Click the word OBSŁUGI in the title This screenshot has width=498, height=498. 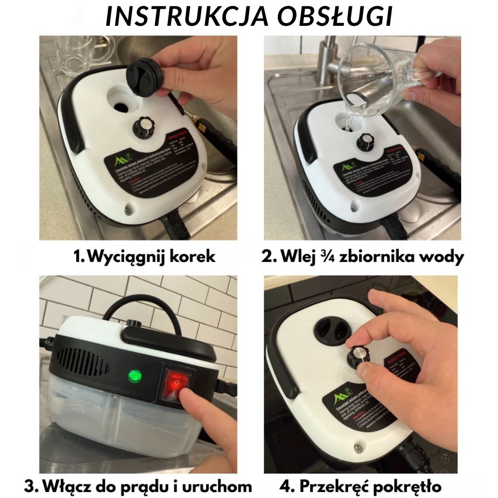pyautogui.click(x=335, y=17)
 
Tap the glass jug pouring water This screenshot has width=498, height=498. pyautogui.click(x=383, y=85)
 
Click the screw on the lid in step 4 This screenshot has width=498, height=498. pyautogui.click(x=357, y=447)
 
